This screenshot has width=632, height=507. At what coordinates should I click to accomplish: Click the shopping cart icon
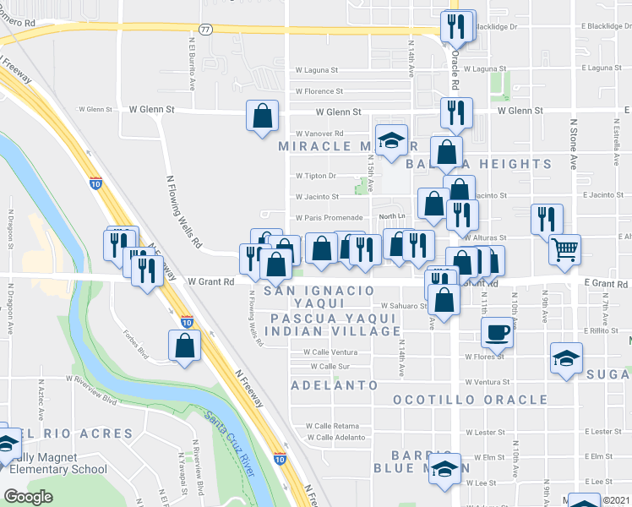click(x=564, y=248)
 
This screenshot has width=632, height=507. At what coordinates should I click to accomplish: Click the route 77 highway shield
click(x=206, y=29)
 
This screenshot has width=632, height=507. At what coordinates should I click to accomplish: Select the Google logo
click(x=28, y=497)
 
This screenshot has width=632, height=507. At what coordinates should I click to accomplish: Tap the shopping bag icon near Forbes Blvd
click(x=184, y=345)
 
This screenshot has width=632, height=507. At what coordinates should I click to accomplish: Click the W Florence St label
click(x=319, y=91)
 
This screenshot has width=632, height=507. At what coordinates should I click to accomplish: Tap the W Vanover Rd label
click(x=319, y=134)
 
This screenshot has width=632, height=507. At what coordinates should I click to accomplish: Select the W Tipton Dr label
click(x=315, y=176)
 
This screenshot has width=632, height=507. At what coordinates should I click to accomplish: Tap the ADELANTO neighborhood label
click(x=334, y=385)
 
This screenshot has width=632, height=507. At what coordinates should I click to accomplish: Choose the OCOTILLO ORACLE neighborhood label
click(x=471, y=399)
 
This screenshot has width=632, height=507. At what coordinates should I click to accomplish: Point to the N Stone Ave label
click(x=573, y=144)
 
